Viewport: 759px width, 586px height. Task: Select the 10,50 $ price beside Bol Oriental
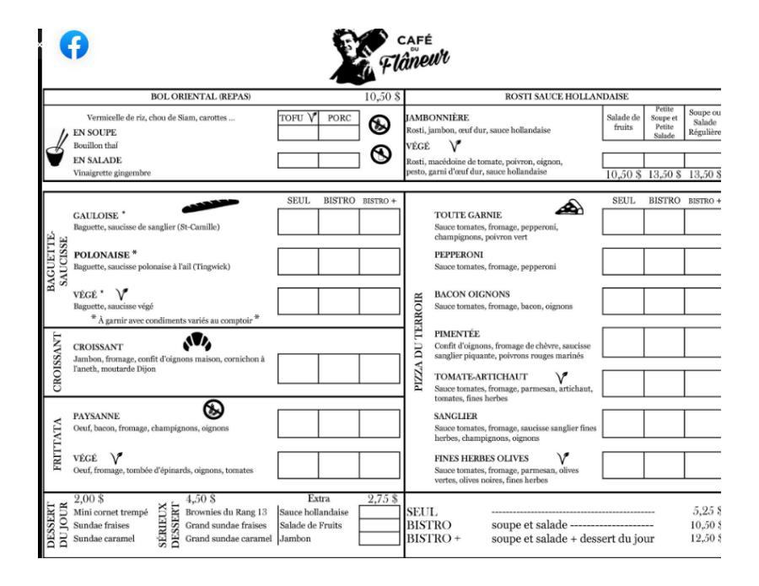(382, 98)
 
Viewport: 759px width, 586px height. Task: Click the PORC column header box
(339, 119)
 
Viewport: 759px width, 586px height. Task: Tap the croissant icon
(197, 344)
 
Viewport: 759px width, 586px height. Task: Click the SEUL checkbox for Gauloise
(297, 222)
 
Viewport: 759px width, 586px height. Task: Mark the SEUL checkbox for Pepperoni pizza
(622, 261)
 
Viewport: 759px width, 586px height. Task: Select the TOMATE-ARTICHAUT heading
(480, 376)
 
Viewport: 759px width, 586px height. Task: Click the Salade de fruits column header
(623, 123)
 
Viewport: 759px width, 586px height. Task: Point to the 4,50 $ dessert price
(202, 498)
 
